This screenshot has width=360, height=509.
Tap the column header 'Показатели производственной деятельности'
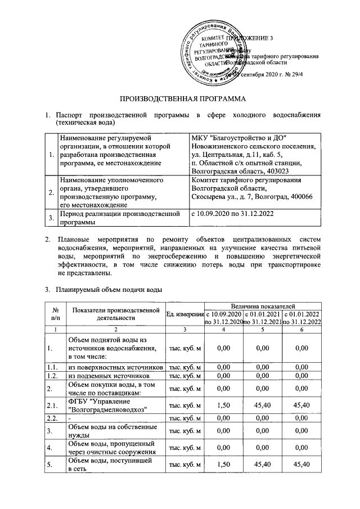116,314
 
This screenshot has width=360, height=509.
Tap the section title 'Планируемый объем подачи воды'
109,290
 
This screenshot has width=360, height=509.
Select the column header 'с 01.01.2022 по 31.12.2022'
302,317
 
